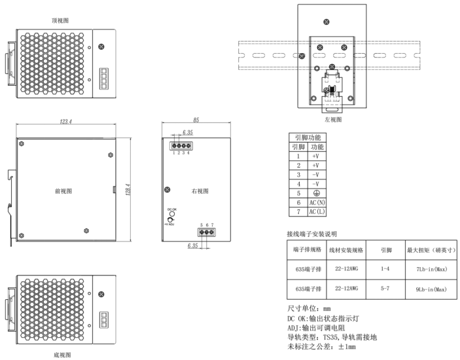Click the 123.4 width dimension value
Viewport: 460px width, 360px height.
[65, 122]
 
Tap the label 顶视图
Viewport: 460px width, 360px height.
[60, 21]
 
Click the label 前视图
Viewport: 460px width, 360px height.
[63, 191]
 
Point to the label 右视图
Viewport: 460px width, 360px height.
[198, 191]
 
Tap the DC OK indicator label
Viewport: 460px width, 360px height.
[172, 209]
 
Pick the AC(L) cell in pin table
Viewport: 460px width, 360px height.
[316, 213]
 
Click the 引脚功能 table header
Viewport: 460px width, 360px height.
[307, 138]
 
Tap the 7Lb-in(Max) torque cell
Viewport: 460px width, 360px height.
[431, 270]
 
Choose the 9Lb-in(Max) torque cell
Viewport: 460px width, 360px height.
[431, 289]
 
